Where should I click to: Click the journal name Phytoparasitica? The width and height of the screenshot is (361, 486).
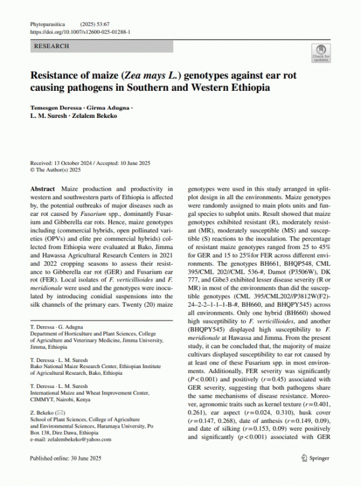(x=47, y=23)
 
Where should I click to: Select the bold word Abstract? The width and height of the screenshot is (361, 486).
(x=42, y=189)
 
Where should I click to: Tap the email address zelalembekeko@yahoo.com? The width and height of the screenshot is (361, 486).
(x=75, y=439)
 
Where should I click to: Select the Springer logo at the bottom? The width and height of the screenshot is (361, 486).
(x=315, y=458)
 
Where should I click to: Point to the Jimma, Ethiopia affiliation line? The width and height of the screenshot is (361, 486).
(x=54, y=347)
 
